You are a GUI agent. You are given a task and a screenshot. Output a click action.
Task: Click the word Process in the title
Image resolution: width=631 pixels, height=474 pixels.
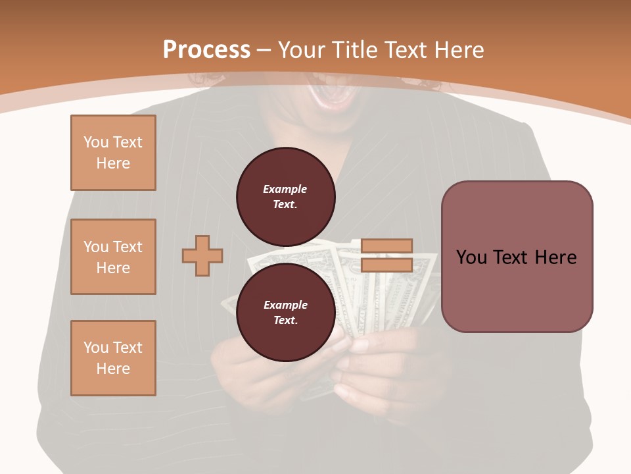pyautogui.click(x=206, y=49)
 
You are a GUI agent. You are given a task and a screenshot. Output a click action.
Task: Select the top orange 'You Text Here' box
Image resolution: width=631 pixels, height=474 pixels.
pyautogui.click(x=113, y=153)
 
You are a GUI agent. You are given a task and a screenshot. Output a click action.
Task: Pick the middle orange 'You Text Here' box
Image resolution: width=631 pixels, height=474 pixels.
pyautogui.click(x=113, y=257)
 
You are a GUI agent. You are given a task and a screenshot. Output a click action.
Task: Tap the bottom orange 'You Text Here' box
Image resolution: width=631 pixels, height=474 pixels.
pyautogui.click(x=113, y=358)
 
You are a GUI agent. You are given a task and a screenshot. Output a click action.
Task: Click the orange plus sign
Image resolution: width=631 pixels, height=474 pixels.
pyautogui.click(x=202, y=255)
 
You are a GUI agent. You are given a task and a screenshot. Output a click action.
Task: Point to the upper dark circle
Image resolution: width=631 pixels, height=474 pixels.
pyautogui.click(x=285, y=197)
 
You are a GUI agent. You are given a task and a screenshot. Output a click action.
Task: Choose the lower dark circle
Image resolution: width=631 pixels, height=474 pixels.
pyautogui.click(x=285, y=313)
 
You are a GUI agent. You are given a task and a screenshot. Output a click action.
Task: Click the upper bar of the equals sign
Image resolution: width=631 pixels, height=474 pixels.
pyautogui.click(x=386, y=246)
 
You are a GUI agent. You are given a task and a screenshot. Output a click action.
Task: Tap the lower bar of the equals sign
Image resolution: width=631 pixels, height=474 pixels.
pyautogui.click(x=386, y=265)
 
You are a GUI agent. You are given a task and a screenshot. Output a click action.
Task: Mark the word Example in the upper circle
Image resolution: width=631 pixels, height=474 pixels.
pyautogui.click(x=285, y=189)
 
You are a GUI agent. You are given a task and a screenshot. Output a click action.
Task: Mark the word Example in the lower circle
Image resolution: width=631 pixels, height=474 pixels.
pyautogui.click(x=285, y=305)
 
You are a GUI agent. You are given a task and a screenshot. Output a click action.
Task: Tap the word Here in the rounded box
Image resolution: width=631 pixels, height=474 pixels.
pyautogui.click(x=555, y=257)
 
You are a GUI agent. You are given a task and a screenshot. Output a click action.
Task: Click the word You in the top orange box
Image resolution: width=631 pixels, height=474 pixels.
pyautogui.click(x=96, y=142)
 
